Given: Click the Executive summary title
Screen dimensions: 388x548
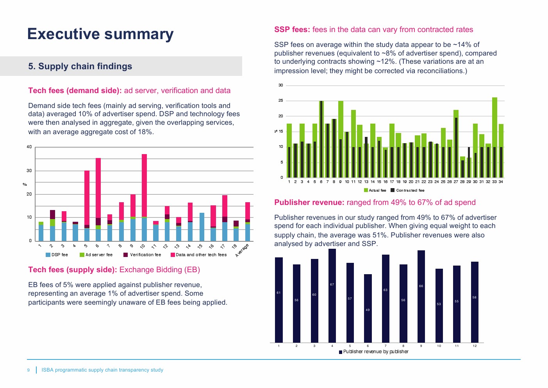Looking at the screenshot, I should [100, 34].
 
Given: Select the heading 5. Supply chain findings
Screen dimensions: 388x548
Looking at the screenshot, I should [80, 66].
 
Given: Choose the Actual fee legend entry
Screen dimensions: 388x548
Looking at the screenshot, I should [375, 190].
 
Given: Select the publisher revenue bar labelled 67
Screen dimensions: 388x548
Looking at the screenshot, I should [332, 296].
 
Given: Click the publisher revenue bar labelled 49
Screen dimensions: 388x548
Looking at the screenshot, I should [368, 309].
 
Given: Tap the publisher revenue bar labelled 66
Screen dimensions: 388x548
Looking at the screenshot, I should [421, 296].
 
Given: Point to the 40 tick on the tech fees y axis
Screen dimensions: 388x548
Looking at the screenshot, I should [29, 147].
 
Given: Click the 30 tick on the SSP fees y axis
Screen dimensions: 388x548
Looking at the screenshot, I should [280, 85].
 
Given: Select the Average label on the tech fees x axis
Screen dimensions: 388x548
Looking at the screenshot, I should [242, 250].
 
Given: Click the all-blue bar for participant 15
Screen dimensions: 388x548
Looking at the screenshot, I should [202, 227].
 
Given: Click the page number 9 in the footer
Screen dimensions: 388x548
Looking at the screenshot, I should [28, 370].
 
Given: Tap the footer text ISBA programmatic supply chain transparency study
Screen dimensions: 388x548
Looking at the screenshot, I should [102, 370].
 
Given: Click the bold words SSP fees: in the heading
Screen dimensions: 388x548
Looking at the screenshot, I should [292, 30].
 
